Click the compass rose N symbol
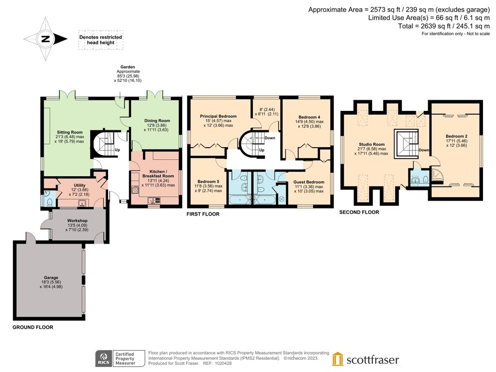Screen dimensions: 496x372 [46, 39]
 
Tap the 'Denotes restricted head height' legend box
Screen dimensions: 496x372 [101, 40]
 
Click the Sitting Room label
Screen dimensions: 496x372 [70, 132]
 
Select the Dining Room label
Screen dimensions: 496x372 [157, 121]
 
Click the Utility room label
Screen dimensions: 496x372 [80, 186]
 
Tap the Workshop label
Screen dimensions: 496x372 [77, 220]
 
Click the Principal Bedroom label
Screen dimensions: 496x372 [218, 116]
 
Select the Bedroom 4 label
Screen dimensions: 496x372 [310, 117]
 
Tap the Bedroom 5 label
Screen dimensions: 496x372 [208, 182]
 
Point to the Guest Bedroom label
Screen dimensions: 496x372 [309, 182]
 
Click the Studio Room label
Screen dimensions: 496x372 [372, 144]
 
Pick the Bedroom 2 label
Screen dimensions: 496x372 [456, 136]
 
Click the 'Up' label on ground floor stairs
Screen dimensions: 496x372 [117, 150]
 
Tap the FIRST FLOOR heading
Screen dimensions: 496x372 [203, 214]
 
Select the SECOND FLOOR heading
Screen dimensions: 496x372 [359, 212]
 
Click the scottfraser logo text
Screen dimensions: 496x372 [372, 360]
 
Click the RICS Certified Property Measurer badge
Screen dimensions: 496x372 [120, 359]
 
